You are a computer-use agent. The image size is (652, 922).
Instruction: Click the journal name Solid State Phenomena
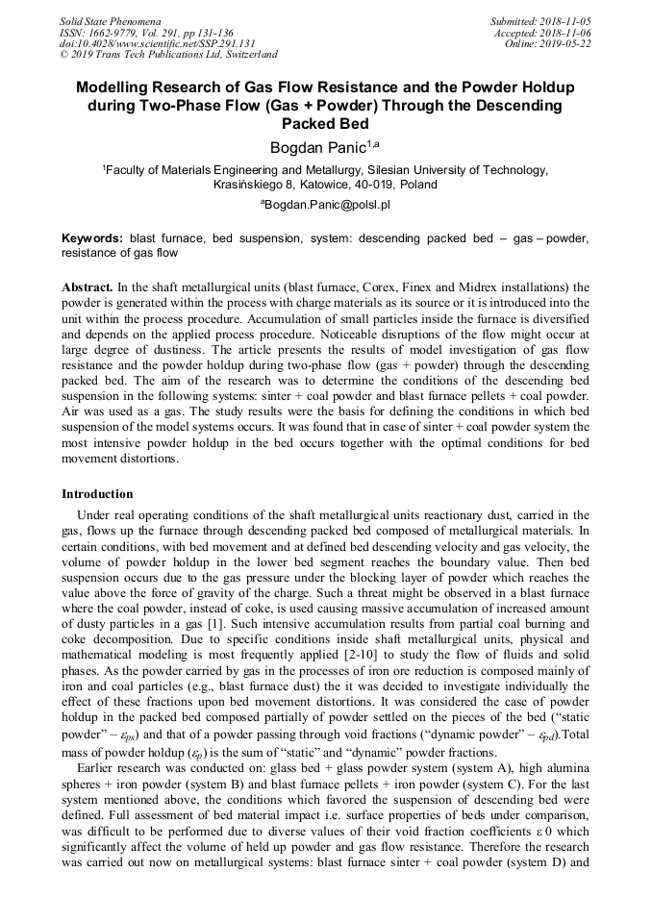coord(110,20)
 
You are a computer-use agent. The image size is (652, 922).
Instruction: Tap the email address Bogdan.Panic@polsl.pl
coord(327,205)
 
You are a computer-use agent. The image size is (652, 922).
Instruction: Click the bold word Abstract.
coord(88,287)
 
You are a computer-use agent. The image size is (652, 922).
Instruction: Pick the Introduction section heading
coord(97,494)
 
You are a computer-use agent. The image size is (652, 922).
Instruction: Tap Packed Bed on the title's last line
coord(325,123)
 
